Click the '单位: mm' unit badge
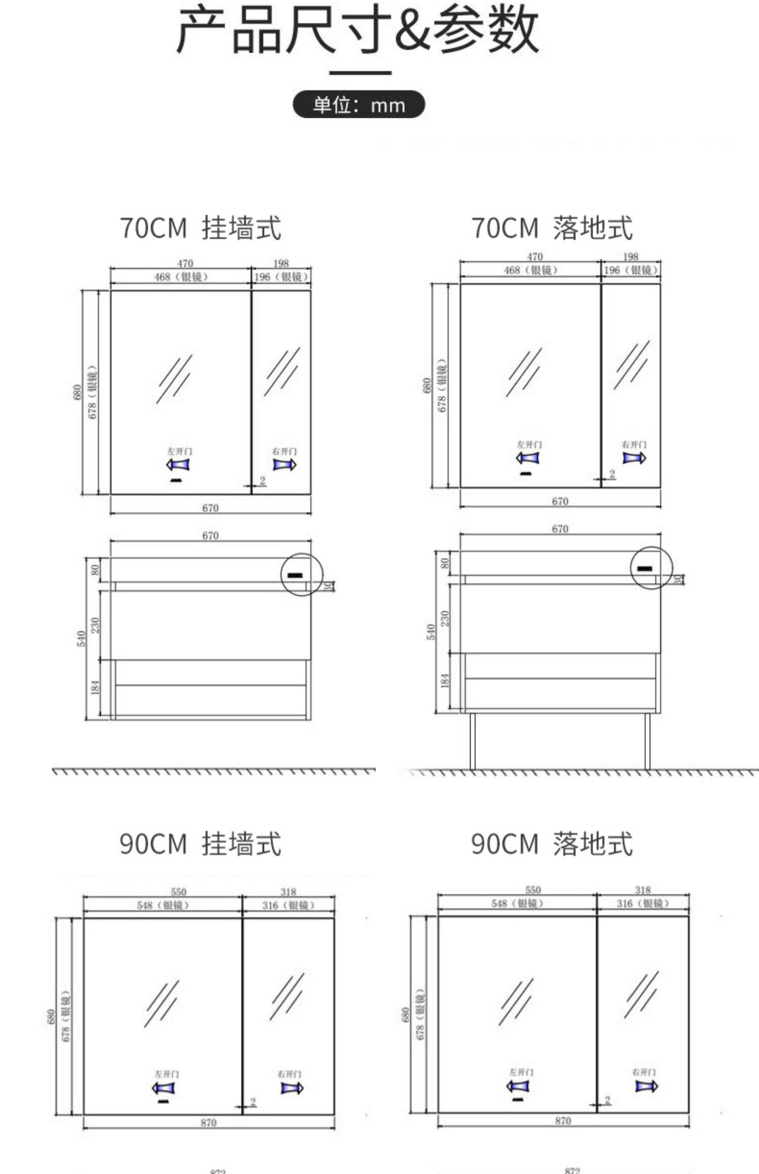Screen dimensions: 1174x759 click(359, 105)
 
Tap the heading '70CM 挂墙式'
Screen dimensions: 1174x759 click(200, 228)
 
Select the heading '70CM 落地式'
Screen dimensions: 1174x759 click(552, 228)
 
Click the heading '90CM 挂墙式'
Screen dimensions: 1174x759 click(200, 843)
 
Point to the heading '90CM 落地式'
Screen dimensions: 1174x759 click(552, 843)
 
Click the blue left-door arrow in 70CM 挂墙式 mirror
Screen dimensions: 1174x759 click(179, 464)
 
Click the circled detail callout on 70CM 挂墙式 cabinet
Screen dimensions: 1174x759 click(302, 574)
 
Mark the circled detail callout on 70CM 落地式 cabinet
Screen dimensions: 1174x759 click(651, 568)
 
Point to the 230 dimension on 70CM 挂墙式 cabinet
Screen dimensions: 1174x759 click(96, 625)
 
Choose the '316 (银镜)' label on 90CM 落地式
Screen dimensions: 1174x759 click(643, 904)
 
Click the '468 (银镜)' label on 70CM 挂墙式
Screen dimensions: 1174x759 click(181, 277)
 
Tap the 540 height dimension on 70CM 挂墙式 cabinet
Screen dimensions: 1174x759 click(81, 638)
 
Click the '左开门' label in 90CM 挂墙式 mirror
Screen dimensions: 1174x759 click(166, 1070)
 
